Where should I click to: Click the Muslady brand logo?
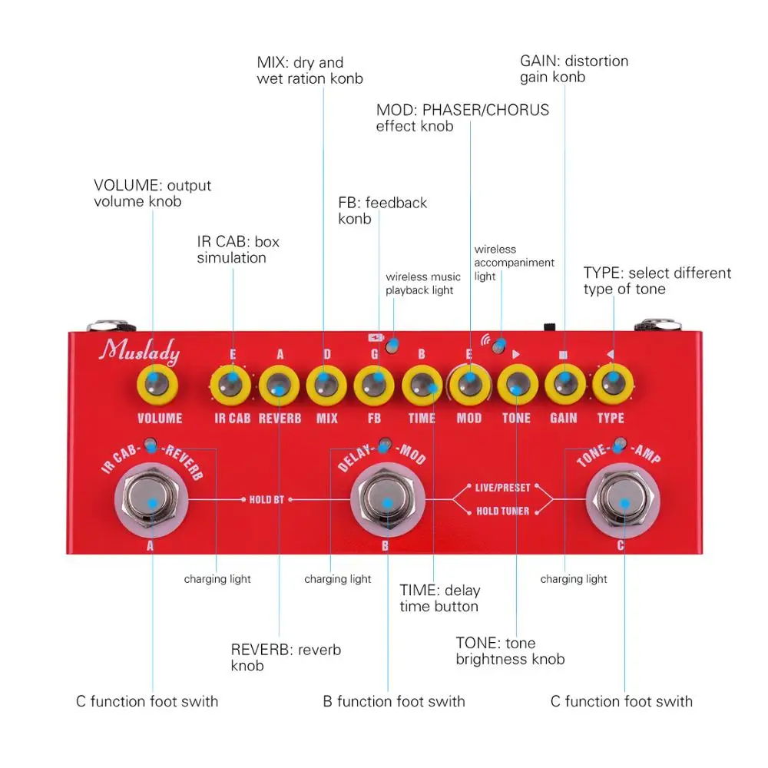141,353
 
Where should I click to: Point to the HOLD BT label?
266,500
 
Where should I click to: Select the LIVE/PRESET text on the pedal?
503,488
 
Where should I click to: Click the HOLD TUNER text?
503,511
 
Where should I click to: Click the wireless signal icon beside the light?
485,339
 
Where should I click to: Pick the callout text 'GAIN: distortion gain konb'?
574,68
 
